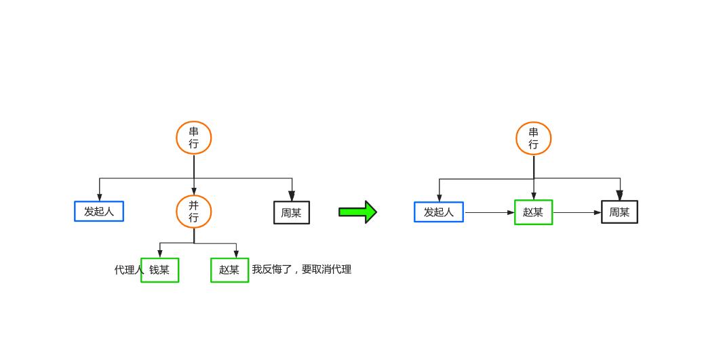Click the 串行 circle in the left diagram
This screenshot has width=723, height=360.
(194, 138)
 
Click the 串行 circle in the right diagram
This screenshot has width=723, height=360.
(534, 138)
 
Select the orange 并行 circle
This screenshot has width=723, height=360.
(194, 212)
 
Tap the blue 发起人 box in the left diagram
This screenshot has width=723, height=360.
(99, 212)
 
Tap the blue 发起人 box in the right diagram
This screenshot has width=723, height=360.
(439, 212)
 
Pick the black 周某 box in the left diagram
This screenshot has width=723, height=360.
(292, 213)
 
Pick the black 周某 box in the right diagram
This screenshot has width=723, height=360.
(619, 212)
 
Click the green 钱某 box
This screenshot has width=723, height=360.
(160, 270)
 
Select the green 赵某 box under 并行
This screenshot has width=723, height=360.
(229, 270)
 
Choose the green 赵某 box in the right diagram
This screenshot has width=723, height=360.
(534, 212)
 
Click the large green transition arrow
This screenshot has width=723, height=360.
(357, 212)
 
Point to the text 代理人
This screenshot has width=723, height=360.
(128, 270)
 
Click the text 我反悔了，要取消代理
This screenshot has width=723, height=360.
(302, 269)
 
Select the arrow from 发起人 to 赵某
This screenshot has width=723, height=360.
(489, 212)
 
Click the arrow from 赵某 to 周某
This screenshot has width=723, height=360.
(577, 212)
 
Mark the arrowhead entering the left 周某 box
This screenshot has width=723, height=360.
(292, 196)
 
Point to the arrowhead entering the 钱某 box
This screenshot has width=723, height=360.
(160, 254)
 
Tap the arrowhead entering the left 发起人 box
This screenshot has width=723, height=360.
(100, 197)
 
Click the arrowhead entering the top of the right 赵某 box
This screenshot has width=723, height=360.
(534, 196)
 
